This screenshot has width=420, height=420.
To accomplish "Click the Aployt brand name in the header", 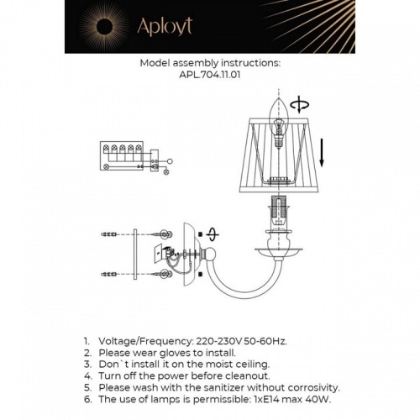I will (x=165, y=26).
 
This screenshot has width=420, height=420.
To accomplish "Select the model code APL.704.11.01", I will (x=209, y=74).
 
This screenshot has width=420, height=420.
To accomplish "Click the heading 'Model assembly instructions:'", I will (x=209, y=62).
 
